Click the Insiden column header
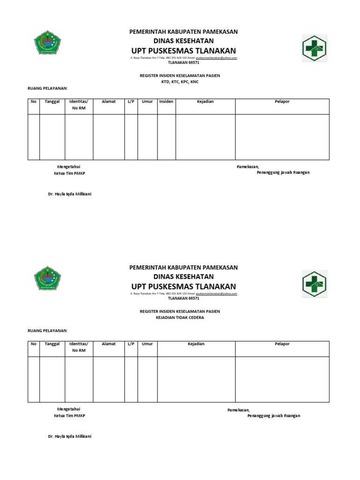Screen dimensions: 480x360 (166, 102)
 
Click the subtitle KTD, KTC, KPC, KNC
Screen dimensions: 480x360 (183, 82)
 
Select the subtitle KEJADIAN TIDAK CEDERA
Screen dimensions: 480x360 (183, 317)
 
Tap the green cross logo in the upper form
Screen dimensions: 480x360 (314, 48)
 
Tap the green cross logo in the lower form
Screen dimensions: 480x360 (314, 284)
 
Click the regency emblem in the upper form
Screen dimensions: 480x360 (47, 43)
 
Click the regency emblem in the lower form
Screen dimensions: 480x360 (47, 279)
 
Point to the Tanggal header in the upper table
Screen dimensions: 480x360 (52, 102)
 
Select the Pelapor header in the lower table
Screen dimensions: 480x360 (282, 344)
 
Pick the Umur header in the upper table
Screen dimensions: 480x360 (147, 102)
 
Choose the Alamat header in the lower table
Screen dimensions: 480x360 (108, 344)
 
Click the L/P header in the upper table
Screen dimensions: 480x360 (131, 102)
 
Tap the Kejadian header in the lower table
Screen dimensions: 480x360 (196, 344)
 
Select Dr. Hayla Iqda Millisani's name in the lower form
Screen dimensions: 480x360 (69, 436)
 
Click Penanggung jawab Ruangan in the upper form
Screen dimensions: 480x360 (283, 172)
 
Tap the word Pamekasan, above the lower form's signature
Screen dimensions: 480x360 (239, 410)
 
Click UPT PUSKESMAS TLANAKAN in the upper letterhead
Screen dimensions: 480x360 (183, 51)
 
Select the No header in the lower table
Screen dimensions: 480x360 (33, 344)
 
